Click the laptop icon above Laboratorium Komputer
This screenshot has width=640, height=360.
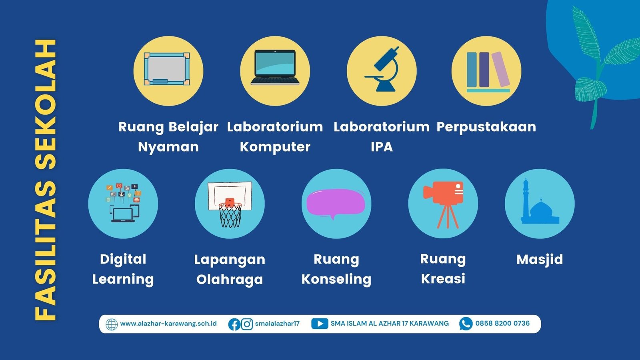(x=275, y=68)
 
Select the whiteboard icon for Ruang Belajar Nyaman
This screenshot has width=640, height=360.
(x=167, y=69)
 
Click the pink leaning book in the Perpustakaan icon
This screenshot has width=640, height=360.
(x=500, y=69)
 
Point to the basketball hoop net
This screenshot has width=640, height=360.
(x=230, y=215)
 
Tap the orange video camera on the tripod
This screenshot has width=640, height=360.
(x=444, y=192)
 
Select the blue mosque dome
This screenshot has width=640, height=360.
(x=540, y=208)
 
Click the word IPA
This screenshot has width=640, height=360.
(x=382, y=147)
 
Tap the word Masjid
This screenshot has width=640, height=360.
(x=540, y=260)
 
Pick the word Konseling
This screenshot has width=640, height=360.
(x=336, y=280)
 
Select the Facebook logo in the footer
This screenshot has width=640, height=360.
(x=234, y=324)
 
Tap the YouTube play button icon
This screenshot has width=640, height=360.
(x=320, y=324)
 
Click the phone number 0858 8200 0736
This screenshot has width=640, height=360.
(x=502, y=324)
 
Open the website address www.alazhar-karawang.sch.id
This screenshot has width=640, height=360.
(x=168, y=324)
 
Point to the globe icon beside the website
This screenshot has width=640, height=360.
(x=112, y=324)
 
